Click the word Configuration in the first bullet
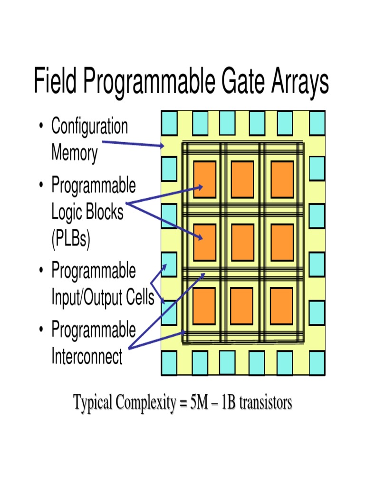(89, 127)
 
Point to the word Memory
(74, 153)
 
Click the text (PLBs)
(70, 239)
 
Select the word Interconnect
(86, 356)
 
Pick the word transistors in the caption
(265, 403)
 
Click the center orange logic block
(242, 242)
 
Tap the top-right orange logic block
(282, 179)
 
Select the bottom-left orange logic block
(204, 305)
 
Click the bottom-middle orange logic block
(242, 305)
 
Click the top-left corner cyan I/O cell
(169, 123)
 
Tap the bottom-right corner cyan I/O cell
(317, 363)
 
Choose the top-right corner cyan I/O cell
(317, 123)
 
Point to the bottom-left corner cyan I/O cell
(169, 363)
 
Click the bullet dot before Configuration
(42, 127)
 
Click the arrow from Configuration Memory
(133, 144)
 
